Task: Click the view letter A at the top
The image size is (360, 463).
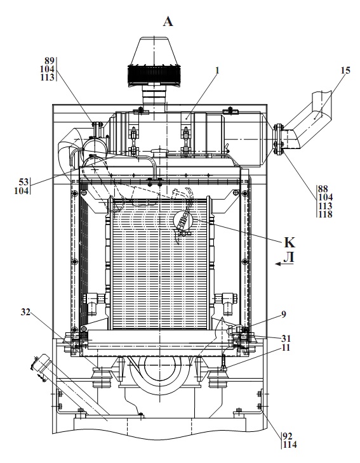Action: [168, 22]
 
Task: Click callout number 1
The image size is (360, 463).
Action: [217, 71]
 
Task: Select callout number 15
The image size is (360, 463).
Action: [345, 70]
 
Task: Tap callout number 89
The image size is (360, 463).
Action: [50, 61]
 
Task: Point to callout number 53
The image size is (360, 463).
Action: [24, 181]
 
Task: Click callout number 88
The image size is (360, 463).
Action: [323, 188]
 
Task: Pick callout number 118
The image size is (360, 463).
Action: [325, 214]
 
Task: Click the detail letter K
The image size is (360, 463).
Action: [290, 242]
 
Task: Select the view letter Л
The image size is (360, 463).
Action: [289, 258]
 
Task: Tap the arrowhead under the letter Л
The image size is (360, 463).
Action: [278, 264]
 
